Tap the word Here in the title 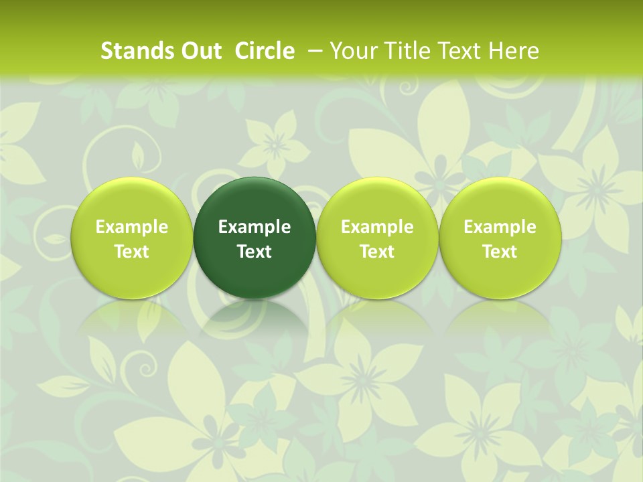point(513,51)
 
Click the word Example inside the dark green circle point(255,227)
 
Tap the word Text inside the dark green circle point(255,252)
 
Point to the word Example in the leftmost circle point(132,227)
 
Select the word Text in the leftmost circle point(132,252)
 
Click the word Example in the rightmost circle point(500,227)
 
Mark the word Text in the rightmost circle point(500,252)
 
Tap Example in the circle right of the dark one point(377,227)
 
